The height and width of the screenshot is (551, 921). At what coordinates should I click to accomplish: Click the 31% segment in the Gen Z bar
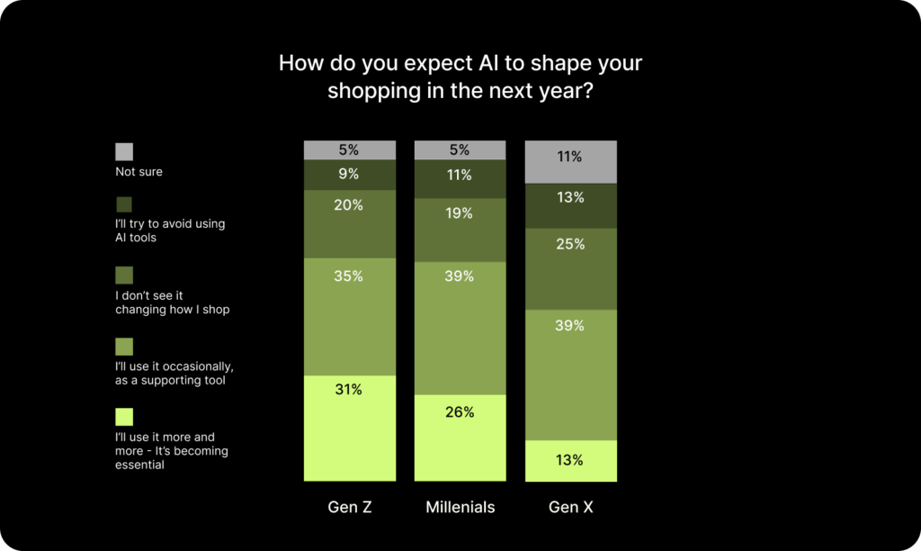click(x=350, y=428)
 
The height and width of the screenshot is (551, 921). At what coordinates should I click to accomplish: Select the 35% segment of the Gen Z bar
click(x=350, y=317)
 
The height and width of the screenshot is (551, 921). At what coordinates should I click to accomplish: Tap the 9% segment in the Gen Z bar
click(x=350, y=175)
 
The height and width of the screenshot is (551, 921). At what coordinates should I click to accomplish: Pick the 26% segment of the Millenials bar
click(x=460, y=438)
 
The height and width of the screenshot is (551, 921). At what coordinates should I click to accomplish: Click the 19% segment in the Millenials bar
click(x=460, y=230)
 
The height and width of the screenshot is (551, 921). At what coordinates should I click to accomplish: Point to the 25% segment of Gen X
click(x=571, y=268)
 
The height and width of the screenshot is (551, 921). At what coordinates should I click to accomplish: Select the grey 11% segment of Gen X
click(x=571, y=162)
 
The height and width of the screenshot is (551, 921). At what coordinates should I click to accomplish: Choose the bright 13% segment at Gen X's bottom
click(x=571, y=460)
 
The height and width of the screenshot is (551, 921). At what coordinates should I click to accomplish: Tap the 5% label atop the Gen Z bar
click(x=349, y=150)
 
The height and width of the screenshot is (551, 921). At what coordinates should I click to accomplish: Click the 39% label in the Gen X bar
click(x=569, y=326)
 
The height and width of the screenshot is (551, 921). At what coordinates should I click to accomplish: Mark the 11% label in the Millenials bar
click(x=460, y=176)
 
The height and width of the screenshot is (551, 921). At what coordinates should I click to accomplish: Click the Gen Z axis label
click(x=350, y=507)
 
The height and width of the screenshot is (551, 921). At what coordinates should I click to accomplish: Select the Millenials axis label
click(x=460, y=507)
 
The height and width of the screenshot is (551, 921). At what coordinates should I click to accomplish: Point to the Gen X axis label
click(x=571, y=507)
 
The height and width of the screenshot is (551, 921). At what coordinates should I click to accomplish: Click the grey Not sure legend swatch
click(x=124, y=152)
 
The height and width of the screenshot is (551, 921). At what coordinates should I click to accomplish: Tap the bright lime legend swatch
click(x=124, y=417)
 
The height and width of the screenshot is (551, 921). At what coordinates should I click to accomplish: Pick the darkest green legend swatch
click(x=124, y=204)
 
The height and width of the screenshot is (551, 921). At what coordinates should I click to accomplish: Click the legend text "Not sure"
click(x=139, y=172)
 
